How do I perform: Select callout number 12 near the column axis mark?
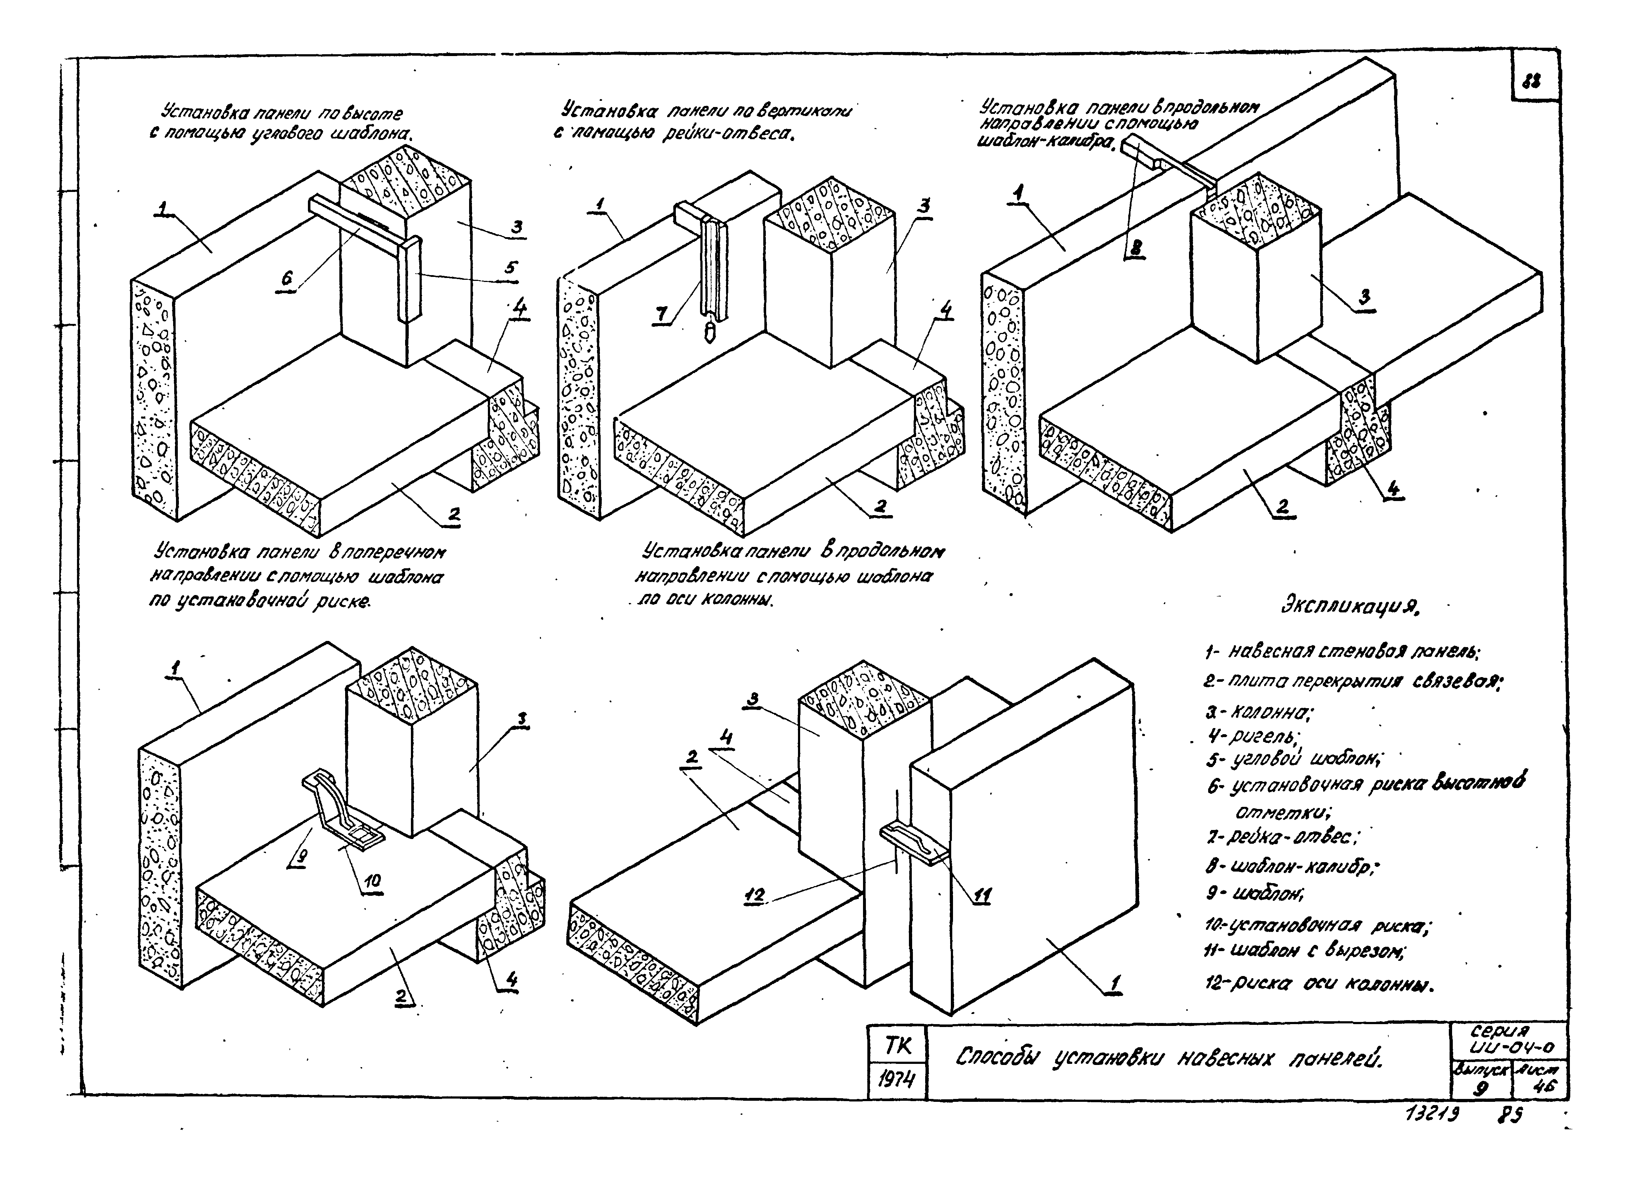[755, 895]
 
